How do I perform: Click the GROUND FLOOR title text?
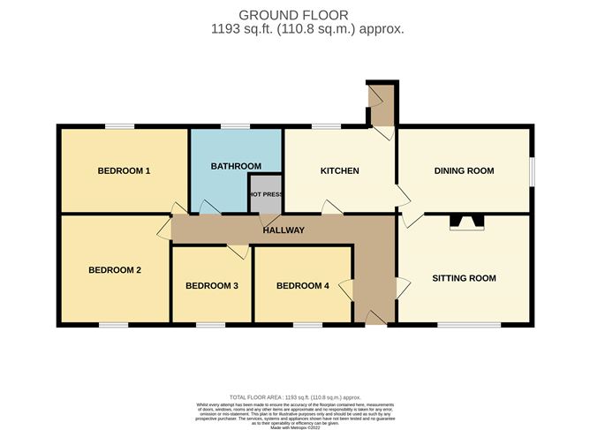pos(294,14)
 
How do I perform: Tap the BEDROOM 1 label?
pos(124,170)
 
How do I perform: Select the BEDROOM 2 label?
pos(115,270)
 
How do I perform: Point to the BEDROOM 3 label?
pos(212,285)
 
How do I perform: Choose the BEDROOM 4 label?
pos(302,285)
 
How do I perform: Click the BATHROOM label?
pos(236,166)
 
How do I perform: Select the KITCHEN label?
pos(340,170)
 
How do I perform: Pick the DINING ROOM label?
pos(464,170)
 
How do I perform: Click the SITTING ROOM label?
pos(464,278)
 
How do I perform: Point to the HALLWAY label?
pos(284,230)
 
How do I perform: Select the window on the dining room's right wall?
pos(532,171)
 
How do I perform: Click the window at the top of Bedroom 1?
pos(120,127)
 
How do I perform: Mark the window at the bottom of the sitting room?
pos(469,325)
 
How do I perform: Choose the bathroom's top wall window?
pos(234,127)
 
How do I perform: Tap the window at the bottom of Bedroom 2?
pos(113,325)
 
